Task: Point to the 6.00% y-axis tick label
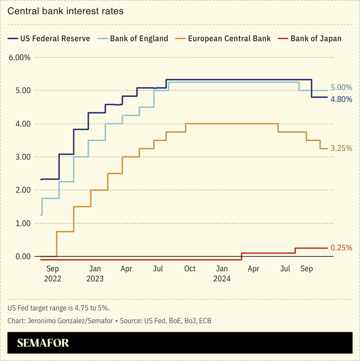point(19,57)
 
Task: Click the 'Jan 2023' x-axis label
point(95,273)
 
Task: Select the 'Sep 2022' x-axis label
point(53,273)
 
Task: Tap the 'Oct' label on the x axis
point(190,269)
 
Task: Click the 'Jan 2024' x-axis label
point(222,273)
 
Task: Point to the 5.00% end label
point(342,88)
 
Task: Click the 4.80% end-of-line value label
point(342,99)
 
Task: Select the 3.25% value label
point(342,148)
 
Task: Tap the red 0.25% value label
point(342,248)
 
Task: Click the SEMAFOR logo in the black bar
point(43,343)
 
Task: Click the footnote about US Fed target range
point(58,308)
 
